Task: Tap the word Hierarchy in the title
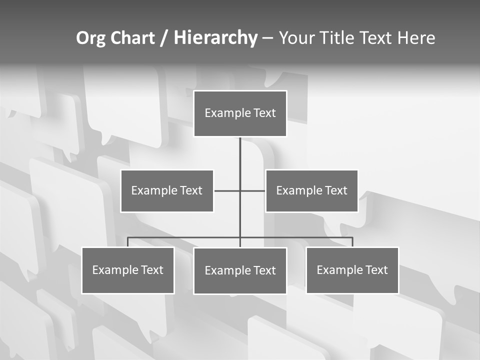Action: pyautogui.click(x=215, y=38)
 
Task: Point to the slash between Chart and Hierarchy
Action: pyautogui.click(x=164, y=38)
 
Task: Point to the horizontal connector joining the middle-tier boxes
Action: pyautogui.click(x=227, y=190)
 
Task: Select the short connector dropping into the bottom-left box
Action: pyautogui.click(x=127, y=242)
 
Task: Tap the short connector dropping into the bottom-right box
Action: pyautogui.click(x=352, y=242)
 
